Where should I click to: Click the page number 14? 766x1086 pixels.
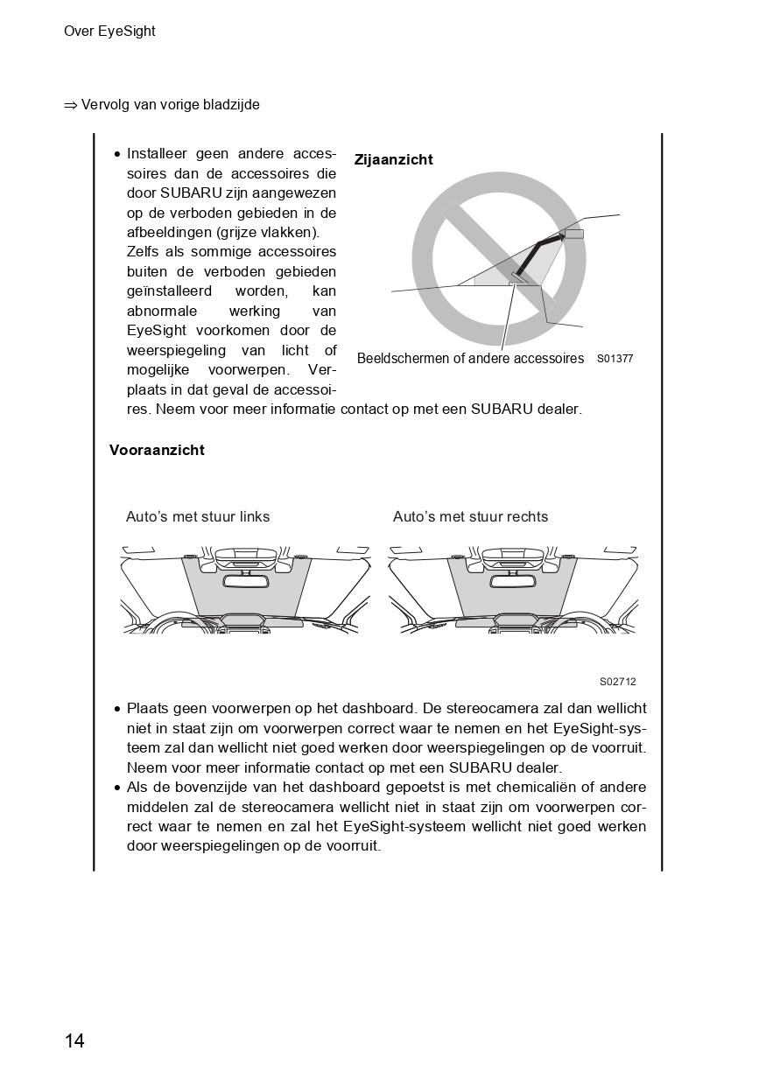74,1040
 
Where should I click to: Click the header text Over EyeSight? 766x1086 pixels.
109,32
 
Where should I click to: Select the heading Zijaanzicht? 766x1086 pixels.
393,160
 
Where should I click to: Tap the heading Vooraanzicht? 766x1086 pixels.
157,450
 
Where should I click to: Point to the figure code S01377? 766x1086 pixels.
615,359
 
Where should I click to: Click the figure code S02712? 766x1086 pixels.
618,682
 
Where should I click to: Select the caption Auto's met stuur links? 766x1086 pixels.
198,516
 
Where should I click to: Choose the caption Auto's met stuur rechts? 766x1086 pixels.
470,516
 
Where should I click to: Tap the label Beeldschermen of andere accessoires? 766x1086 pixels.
470,359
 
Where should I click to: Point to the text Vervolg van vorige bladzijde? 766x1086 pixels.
171,105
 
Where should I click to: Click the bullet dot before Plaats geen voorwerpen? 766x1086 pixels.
117,709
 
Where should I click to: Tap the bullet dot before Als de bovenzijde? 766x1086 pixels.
117,788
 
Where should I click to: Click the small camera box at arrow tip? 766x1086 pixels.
573,234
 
